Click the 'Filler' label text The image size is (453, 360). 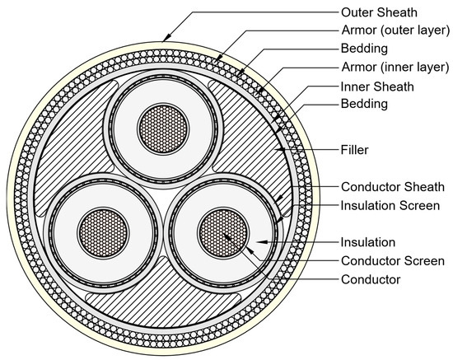coord(355,151)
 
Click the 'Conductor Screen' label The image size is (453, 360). coord(392,261)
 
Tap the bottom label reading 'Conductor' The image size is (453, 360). coord(371,279)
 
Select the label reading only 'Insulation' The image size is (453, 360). coord(369,242)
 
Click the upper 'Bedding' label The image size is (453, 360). coord(366,49)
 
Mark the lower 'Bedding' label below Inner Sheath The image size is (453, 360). coord(366,105)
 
